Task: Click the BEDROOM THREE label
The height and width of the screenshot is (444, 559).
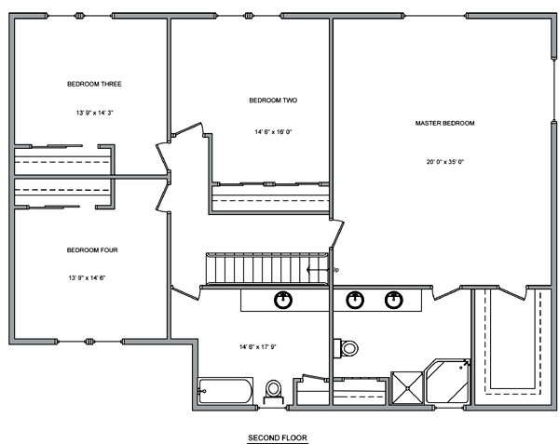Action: [94, 84]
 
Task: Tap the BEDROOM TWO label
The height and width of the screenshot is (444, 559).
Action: [273, 100]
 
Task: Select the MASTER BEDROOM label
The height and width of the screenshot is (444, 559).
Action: [444, 123]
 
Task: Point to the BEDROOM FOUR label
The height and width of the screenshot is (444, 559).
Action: [92, 250]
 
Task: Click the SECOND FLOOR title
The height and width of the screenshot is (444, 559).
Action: [278, 437]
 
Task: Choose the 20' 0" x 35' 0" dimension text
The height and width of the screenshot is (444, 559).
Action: [445, 162]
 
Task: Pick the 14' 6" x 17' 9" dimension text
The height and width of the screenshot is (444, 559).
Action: [258, 346]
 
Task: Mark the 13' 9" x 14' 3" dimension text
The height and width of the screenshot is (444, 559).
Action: [94, 113]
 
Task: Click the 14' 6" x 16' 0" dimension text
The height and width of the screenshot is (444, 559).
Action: [273, 132]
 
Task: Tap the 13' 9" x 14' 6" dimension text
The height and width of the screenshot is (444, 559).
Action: [88, 277]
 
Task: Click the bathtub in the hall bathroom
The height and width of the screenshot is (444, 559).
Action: [225, 391]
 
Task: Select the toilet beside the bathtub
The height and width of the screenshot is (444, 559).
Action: [273, 392]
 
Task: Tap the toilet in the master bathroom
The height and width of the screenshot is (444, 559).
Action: [346, 348]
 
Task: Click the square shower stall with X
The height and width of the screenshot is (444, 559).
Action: [407, 388]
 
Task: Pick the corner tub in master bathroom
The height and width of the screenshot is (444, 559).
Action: [448, 382]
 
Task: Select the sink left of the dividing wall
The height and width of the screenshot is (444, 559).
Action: [283, 300]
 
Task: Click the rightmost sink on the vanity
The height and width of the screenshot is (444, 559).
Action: [394, 300]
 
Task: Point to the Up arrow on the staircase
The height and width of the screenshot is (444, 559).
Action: [318, 270]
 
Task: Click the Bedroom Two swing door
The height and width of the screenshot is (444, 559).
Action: [187, 128]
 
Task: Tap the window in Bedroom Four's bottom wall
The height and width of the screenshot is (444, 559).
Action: [89, 342]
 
